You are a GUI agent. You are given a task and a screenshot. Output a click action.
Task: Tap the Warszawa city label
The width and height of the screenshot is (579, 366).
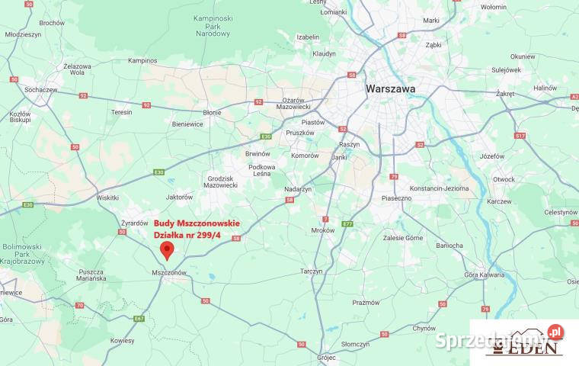coord(390,88)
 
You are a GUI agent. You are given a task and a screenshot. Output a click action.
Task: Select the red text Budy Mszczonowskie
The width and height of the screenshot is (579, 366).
coord(197,223)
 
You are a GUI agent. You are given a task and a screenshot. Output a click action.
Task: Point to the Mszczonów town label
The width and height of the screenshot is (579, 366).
coord(169,272)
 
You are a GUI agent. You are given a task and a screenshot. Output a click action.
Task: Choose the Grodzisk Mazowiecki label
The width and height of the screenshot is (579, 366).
coord(222,181)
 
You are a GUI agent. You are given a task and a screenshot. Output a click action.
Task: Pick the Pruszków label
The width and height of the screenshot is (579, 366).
coord(299,132)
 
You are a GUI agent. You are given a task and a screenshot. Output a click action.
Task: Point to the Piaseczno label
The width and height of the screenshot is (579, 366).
coord(396,197)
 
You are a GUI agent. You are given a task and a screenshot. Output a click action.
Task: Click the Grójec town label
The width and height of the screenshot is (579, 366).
coord(327,356)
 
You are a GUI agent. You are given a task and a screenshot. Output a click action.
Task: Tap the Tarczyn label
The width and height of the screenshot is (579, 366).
coord(311,271)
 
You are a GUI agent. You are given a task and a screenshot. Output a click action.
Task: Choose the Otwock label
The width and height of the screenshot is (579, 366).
coord(504,179)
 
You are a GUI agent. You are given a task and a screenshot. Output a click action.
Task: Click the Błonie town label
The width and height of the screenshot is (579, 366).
coord(212,112)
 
